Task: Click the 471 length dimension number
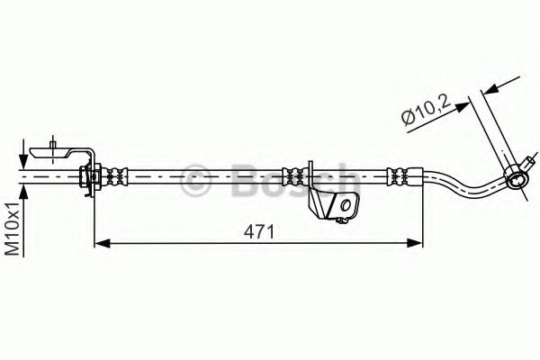257,231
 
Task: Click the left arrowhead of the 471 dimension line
102,242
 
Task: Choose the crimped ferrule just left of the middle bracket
292,173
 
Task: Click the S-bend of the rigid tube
468,184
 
